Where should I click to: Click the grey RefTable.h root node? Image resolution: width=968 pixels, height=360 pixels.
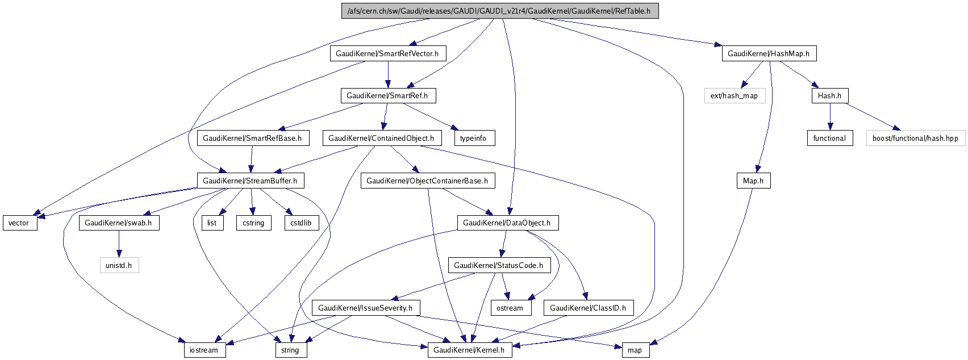(x=499, y=11)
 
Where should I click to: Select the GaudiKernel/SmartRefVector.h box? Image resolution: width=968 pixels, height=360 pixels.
(x=387, y=53)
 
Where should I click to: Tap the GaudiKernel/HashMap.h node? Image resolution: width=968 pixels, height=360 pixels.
(x=769, y=53)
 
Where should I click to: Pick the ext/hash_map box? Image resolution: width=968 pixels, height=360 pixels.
(x=735, y=95)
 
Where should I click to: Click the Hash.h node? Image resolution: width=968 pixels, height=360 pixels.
(x=829, y=95)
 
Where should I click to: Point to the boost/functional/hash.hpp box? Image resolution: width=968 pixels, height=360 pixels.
(x=915, y=138)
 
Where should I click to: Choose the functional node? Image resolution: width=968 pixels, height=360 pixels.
(x=829, y=138)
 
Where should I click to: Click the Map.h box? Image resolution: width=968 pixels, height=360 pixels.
(x=753, y=181)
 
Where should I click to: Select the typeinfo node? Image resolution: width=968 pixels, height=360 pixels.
(x=474, y=138)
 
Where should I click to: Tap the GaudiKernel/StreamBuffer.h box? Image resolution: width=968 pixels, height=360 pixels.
(x=250, y=181)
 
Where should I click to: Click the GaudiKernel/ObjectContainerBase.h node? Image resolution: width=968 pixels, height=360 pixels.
(x=427, y=181)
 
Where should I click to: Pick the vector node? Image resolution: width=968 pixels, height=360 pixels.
(x=19, y=223)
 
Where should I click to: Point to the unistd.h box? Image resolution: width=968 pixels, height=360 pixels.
(x=119, y=265)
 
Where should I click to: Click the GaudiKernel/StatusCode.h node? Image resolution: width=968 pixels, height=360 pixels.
(x=498, y=265)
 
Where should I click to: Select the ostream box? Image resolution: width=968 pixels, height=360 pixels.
(x=510, y=308)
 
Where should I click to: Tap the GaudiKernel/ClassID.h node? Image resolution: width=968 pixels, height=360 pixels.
(x=588, y=308)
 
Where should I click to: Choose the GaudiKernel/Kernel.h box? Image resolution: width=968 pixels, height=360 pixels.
(x=469, y=350)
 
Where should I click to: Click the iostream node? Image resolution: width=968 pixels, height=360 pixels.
(x=204, y=350)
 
